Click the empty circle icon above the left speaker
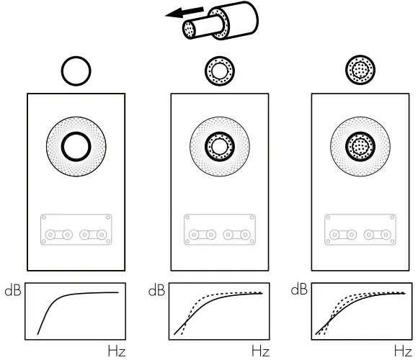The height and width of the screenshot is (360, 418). click(76, 71)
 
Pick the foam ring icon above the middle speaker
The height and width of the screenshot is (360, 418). click(219, 71)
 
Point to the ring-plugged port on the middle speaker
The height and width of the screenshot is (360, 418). click(219, 146)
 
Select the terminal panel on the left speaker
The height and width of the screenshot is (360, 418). click(76, 229)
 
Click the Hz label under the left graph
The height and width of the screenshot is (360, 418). click(115, 351)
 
